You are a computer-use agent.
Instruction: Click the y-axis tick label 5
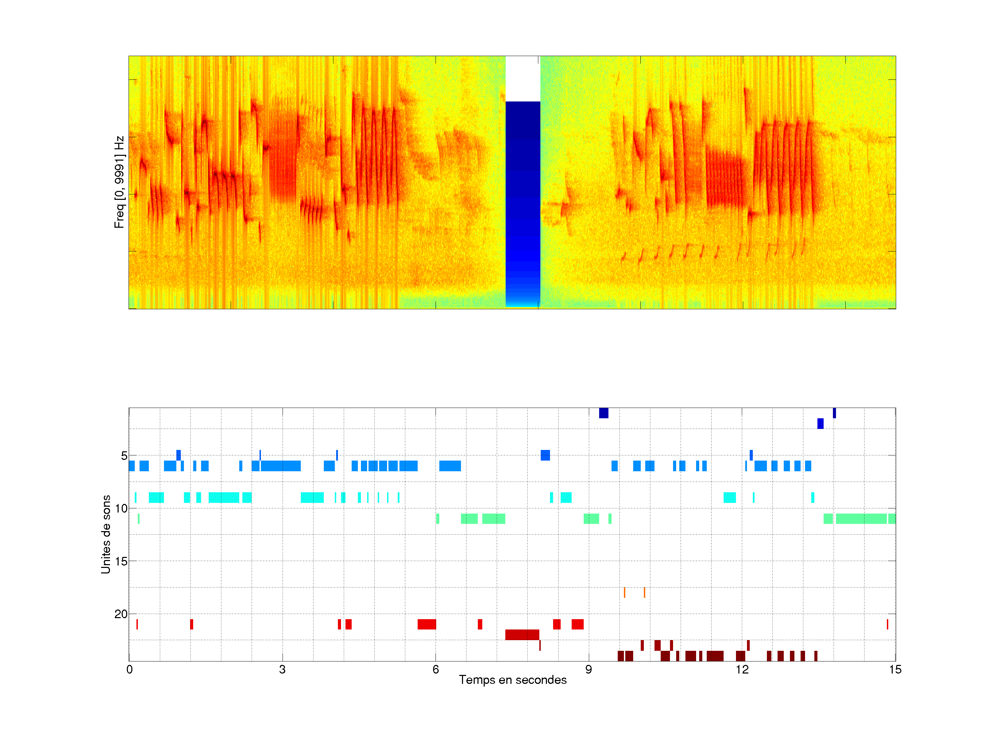124,456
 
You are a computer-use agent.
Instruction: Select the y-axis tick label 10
121,508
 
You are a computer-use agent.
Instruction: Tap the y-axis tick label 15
121,561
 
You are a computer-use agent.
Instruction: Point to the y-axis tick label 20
121,614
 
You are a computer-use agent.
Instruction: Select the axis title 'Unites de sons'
106,534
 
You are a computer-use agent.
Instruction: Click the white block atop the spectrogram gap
522,78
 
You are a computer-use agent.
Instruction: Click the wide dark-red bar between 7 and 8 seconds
522,635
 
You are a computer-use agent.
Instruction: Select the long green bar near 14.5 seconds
861,519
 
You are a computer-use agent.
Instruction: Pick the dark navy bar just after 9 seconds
603,413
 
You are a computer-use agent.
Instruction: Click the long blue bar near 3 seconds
280,466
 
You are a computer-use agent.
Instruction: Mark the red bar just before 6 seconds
427,624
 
